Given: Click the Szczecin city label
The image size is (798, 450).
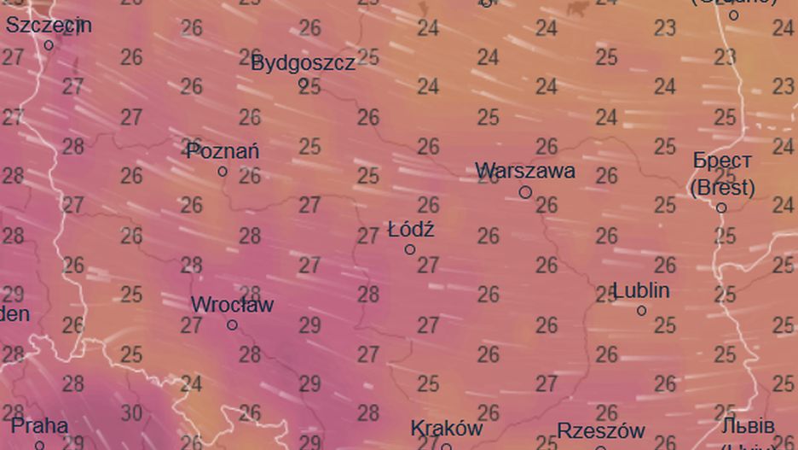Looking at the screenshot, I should [49, 26].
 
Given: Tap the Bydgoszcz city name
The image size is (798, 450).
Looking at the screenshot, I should [303, 62].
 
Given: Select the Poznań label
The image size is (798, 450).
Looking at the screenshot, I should [223, 151].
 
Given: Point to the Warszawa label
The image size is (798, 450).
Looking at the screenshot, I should [525, 171].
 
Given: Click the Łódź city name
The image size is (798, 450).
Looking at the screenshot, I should [411, 230].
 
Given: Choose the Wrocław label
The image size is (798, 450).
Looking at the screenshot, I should [232, 304].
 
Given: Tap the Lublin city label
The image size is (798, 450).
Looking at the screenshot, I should [641, 290].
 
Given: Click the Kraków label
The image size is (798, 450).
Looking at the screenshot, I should [446, 428].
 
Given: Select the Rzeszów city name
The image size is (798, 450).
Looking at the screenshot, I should [601, 430].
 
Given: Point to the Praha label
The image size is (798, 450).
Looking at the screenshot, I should [40, 425].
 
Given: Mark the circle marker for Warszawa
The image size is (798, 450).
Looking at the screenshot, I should [525, 193].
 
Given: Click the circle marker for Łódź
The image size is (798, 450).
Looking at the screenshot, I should [410, 249].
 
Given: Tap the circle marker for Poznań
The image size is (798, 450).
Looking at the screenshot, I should [223, 172].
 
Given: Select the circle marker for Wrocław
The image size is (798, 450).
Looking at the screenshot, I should [232, 324].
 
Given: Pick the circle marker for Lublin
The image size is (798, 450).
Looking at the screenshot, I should [641, 311].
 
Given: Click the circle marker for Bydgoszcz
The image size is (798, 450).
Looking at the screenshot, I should [303, 83].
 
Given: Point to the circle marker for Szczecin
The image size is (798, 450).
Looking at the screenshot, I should [49, 45].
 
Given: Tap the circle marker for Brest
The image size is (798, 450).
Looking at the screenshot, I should [721, 207].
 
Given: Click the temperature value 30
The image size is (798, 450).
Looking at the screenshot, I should [131, 413].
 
